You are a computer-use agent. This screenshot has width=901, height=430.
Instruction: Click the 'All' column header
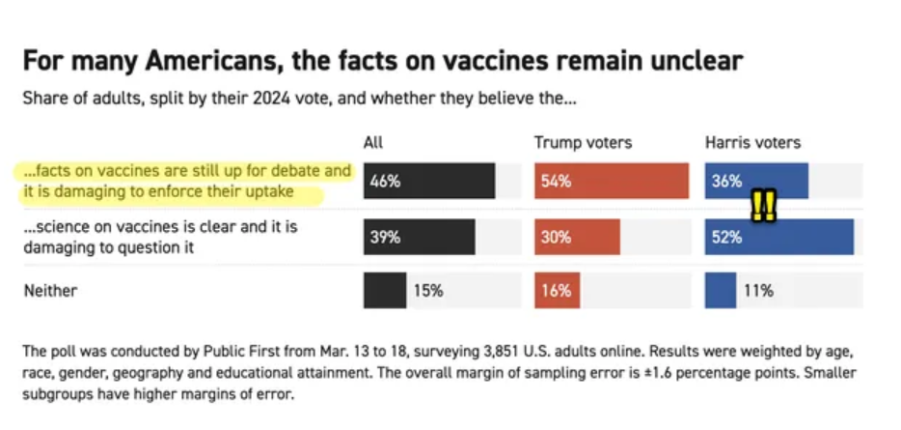tap(373, 143)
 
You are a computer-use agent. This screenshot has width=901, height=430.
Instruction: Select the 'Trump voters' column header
tap(583, 143)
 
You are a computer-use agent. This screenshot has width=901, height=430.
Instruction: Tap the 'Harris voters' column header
tap(752, 143)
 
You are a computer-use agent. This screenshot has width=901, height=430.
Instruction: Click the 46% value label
tap(385, 181)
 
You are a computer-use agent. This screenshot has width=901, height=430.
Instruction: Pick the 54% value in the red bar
tap(556, 181)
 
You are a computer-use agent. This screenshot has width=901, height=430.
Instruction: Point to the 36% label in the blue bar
tap(726, 181)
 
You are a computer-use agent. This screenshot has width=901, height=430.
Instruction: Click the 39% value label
tap(385, 237)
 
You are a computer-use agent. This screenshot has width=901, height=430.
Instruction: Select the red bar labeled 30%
tap(577, 237)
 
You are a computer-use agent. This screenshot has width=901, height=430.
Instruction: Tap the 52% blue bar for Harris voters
tap(779, 237)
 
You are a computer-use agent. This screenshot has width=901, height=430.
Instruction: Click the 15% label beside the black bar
tap(428, 291)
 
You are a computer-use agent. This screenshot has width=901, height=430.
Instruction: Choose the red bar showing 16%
tap(557, 291)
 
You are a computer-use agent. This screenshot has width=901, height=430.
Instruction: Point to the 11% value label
tap(757, 291)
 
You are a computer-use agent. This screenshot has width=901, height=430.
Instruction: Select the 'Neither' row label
tap(50, 290)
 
